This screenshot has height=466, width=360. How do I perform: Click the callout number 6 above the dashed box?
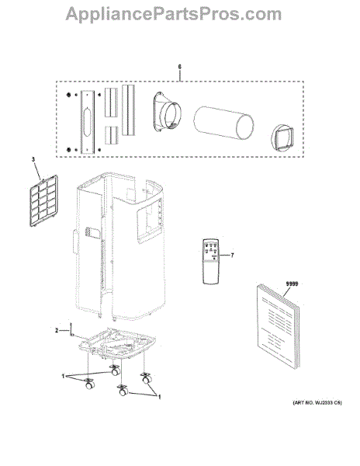[x=179, y=67]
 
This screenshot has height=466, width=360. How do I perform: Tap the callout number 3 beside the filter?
[x=33, y=159]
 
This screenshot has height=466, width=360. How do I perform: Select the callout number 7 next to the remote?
[x=232, y=255]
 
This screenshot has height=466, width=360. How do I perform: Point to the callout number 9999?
[x=292, y=283]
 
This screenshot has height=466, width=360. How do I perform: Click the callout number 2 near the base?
[x=57, y=330]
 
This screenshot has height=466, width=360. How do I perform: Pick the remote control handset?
[x=211, y=262]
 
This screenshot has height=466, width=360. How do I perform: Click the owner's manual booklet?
[x=278, y=326]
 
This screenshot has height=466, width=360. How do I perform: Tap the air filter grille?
[x=44, y=201]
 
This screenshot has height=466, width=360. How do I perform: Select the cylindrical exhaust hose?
[x=223, y=123]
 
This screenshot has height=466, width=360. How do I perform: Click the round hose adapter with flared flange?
[x=167, y=112]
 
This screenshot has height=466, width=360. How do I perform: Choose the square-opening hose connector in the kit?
[x=282, y=138]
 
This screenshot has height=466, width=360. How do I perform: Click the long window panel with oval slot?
[x=88, y=122]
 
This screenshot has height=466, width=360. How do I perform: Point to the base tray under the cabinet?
[x=117, y=344]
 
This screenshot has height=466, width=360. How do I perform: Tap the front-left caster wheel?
[x=89, y=384]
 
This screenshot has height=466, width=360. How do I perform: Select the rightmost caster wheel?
[x=147, y=378]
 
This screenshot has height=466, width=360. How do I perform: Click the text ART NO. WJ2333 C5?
[x=317, y=403]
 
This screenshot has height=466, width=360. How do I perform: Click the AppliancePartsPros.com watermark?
[x=174, y=14]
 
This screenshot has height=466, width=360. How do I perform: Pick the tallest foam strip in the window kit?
[x=128, y=110]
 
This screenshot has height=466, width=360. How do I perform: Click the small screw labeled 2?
[x=71, y=329]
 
